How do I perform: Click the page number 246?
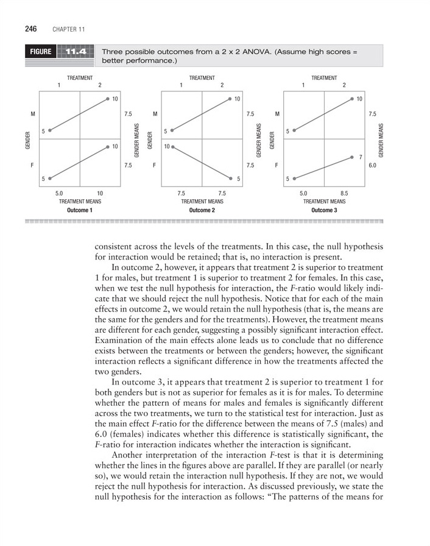[31, 29]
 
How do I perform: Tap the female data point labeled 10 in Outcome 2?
[173, 147]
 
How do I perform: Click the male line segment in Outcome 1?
[79, 114]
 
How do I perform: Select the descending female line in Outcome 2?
[202, 163]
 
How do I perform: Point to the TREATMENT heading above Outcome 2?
[202, 77]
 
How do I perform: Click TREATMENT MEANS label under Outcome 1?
[80, 200]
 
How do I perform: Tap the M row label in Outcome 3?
[277, 113]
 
